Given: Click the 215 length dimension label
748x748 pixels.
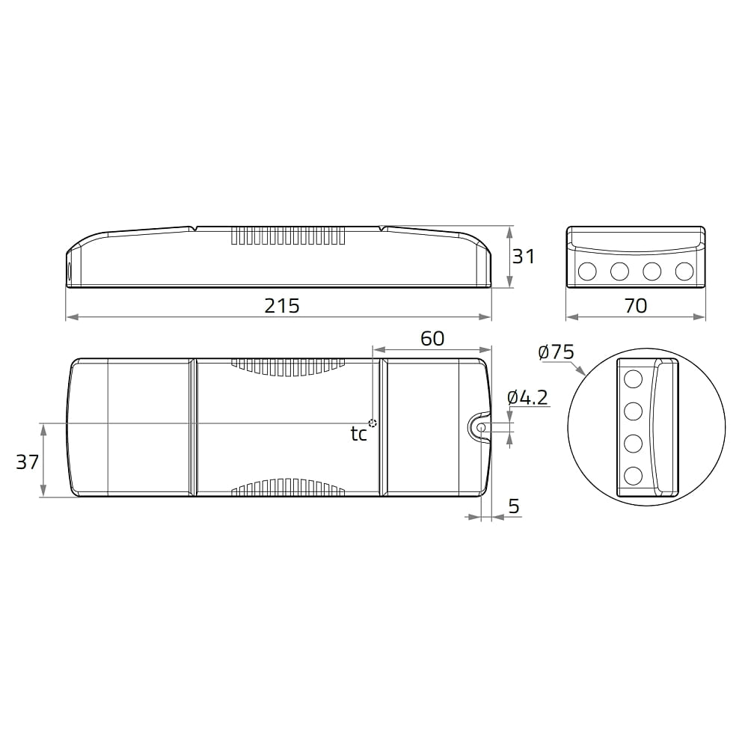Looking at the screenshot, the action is [282, 306].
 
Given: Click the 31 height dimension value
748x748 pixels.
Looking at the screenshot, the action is [524, 257].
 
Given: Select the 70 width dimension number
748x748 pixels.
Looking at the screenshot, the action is [635, 306].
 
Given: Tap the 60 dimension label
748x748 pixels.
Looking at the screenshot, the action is [432, 338].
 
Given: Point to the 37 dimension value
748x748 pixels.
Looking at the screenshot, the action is [27, 462].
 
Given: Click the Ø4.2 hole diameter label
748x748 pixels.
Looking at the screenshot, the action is [527, 397].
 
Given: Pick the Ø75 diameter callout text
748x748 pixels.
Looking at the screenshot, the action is [556, 352].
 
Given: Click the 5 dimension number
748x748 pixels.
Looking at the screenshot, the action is [514, 506].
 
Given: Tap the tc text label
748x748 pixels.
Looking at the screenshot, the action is [359, 434].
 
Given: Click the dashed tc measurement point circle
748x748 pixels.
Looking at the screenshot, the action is [373, 423].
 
